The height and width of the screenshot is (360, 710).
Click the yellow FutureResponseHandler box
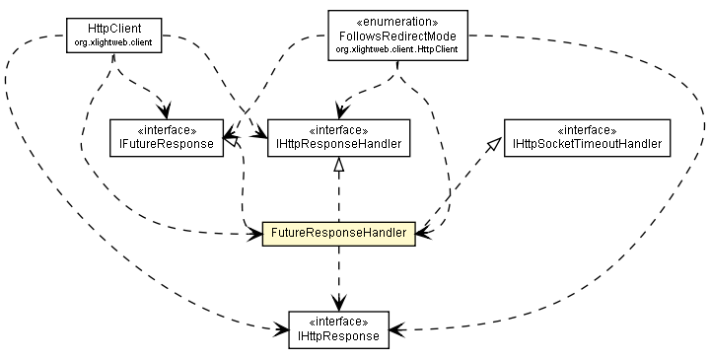click(338, 234)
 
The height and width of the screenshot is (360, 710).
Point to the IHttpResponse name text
click(338, 336)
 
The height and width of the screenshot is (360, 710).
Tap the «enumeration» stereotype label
click(396, 19)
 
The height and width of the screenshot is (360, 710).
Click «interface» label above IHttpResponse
click(338, 323)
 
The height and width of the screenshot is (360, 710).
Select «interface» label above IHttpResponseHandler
click(338, 131)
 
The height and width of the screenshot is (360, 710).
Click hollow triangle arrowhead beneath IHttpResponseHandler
click(338, 168)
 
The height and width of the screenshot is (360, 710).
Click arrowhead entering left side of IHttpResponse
click(281, 329)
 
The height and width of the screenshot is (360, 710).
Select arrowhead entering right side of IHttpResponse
click(396, 329)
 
